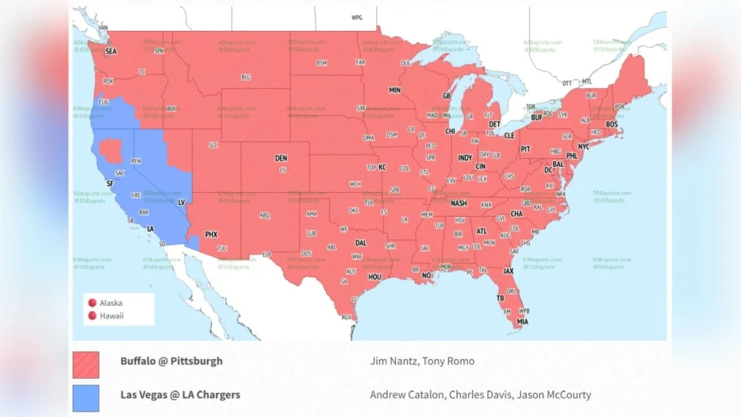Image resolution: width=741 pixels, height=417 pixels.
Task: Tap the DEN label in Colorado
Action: [281, 158]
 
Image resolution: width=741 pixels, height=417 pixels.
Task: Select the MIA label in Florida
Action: [522, 322]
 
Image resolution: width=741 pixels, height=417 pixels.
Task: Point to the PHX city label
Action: [211, 234]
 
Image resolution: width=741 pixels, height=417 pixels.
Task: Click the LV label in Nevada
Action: [181, 203]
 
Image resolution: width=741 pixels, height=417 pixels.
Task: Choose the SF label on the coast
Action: [110, 183]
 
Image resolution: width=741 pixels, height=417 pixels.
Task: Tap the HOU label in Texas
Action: [374, 276]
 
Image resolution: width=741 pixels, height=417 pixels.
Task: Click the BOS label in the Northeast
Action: [611, 125]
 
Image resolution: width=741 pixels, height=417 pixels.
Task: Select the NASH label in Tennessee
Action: [459, 203]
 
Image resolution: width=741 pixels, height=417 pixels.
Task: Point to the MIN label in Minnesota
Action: [394, 91]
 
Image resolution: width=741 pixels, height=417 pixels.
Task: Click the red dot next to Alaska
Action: [92, 303]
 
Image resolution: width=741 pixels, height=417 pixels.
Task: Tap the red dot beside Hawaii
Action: [92, 315]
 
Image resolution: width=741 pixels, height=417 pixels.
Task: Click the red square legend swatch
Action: [86, 365]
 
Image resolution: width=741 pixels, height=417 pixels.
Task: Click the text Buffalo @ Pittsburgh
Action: [171, 361]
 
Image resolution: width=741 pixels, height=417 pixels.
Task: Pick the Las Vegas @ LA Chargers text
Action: [180, 395]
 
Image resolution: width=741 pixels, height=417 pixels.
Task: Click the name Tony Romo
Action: [448, 361]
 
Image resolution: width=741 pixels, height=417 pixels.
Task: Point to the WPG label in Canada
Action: [356, 17]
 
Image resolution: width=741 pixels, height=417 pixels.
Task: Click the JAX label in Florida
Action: [509, 271]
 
